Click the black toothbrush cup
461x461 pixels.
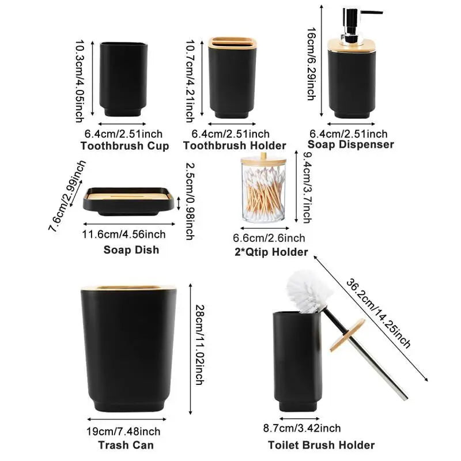coord(123,80)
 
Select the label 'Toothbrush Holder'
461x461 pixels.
coord(235,146)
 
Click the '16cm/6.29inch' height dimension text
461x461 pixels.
coord(311,64)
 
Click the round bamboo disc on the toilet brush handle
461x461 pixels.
coord(347,335)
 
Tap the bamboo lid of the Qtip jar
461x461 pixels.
coord(263,160)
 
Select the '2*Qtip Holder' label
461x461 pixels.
coord(271,252)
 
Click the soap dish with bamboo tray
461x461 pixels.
coord(129,201)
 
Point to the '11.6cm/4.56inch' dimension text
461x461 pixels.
coord(124,235)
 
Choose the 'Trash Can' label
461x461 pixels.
coord(126,445)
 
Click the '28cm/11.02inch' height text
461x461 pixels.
coord(199,345)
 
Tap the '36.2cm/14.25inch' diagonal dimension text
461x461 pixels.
coord(378,313)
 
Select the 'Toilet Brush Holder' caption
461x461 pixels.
coord(322,445)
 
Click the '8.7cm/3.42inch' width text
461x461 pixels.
coord(302,428)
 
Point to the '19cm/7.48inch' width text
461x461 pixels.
coord(123,431)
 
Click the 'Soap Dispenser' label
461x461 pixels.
coord(351,144)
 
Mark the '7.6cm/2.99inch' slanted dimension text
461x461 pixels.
coord(67,196)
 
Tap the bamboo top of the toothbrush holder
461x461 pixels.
coord(232,43)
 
